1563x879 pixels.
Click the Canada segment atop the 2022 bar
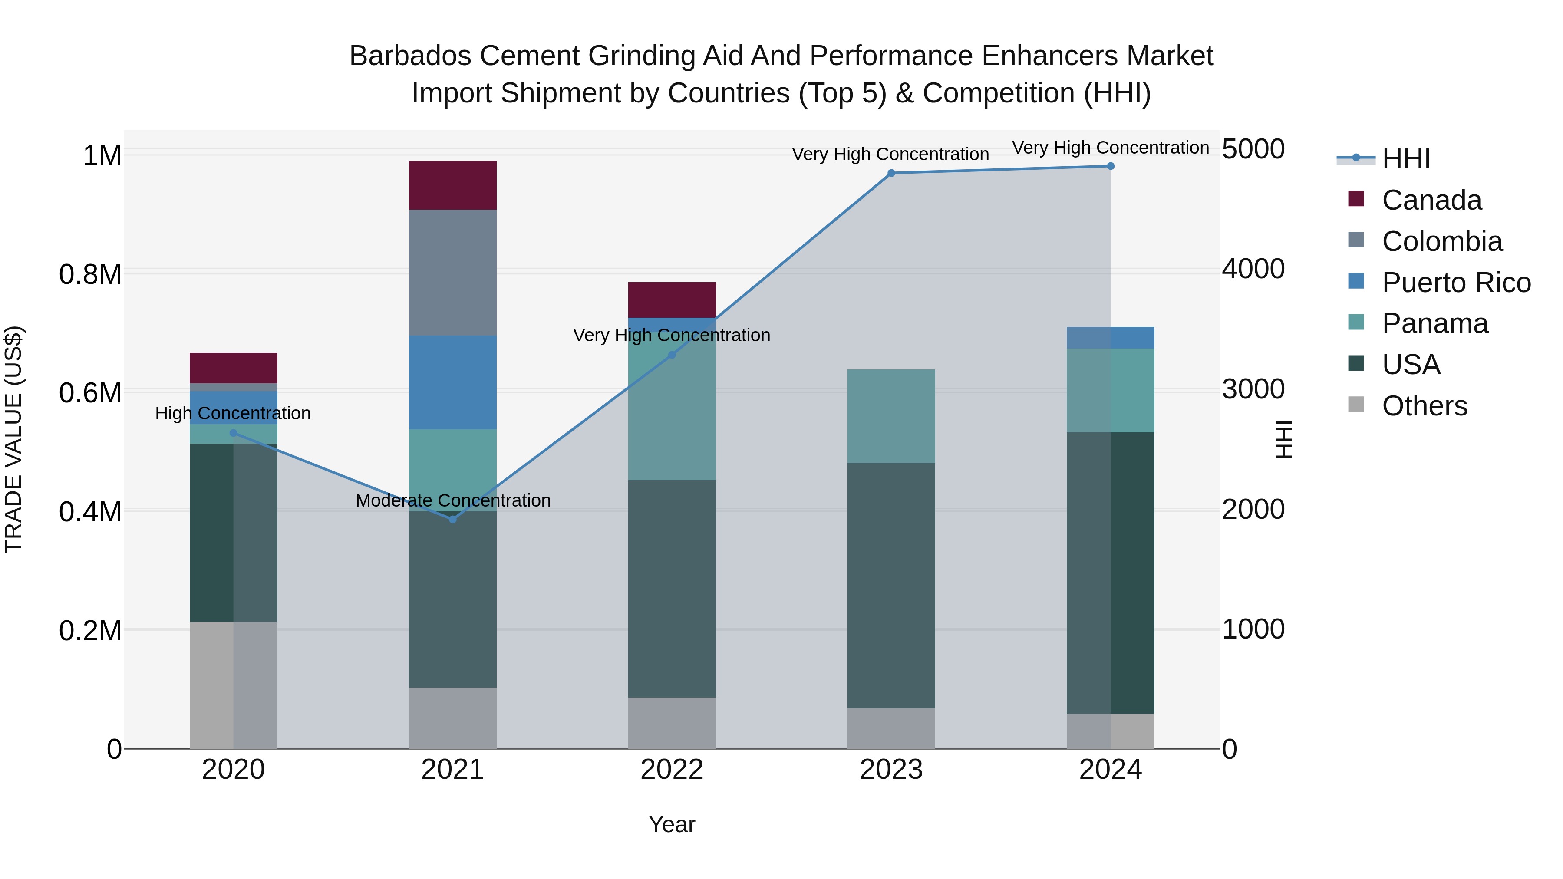tap(672, 300)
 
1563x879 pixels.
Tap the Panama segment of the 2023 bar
tap(891, 416)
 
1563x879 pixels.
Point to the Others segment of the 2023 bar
tap(891, 728)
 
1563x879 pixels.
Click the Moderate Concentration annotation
tap(453, 500)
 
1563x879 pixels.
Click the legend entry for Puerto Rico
tap(1456, 283)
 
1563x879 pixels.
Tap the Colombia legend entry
tap(1441, 241)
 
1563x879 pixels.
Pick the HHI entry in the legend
tap(1405, 159)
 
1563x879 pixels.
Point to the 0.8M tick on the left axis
tap(90, 274)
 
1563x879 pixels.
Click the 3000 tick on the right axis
tap(1253, 389)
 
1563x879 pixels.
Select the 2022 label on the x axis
tap(672, 770)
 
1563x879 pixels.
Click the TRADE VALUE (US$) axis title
tap(13, 439)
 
